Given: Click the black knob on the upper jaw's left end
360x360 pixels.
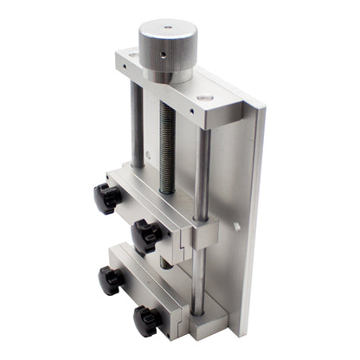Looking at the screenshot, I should (107, 198).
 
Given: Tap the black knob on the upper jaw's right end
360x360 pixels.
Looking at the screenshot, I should (146, 235).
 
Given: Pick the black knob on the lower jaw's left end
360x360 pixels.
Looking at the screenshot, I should (110, 280).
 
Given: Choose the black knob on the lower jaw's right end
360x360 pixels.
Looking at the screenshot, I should (147, 321).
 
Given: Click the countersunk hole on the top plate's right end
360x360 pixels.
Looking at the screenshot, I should (202, 98).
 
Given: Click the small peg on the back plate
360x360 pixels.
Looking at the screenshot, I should (235, 228).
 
